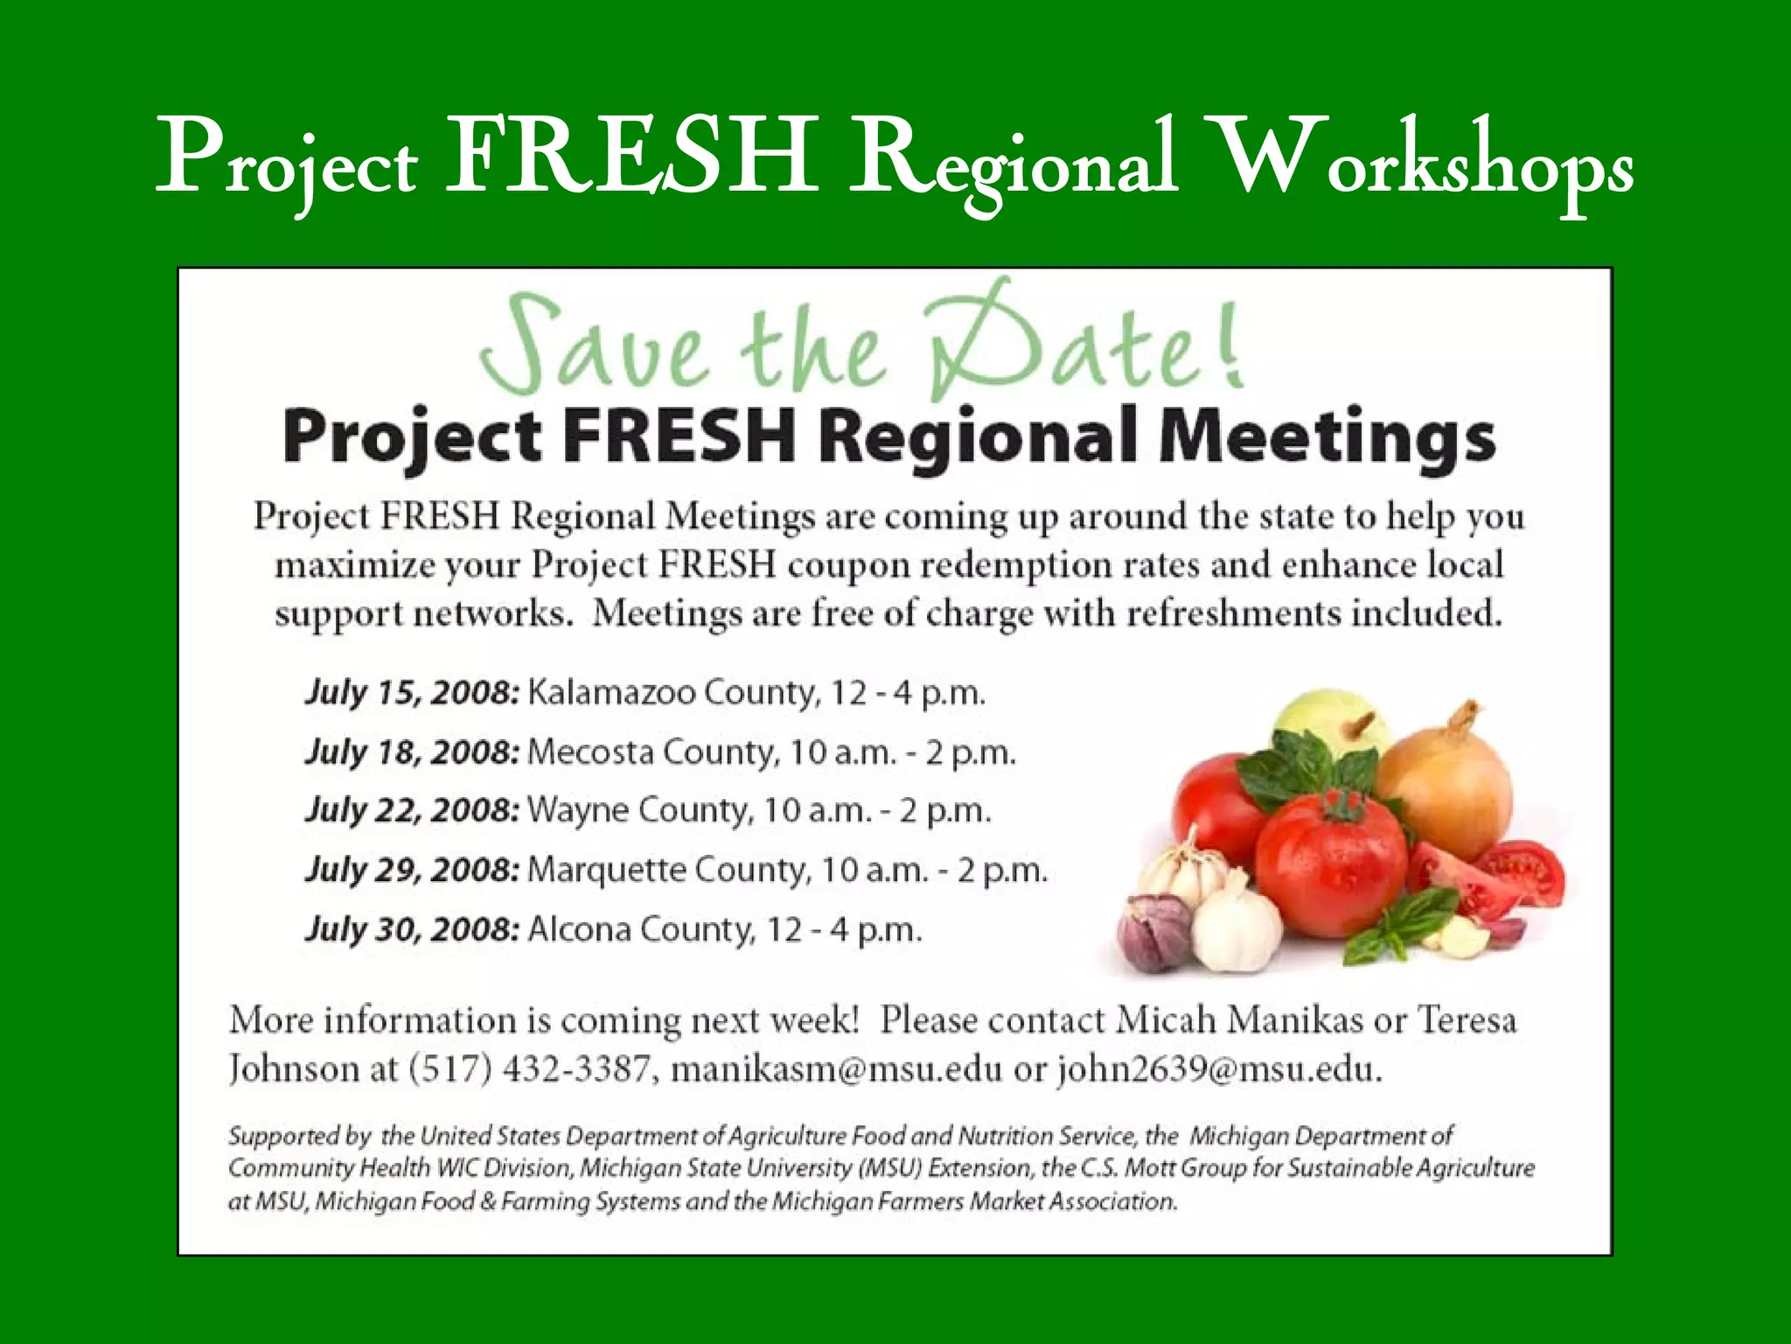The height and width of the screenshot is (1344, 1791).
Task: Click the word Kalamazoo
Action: tap(611, 693)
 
